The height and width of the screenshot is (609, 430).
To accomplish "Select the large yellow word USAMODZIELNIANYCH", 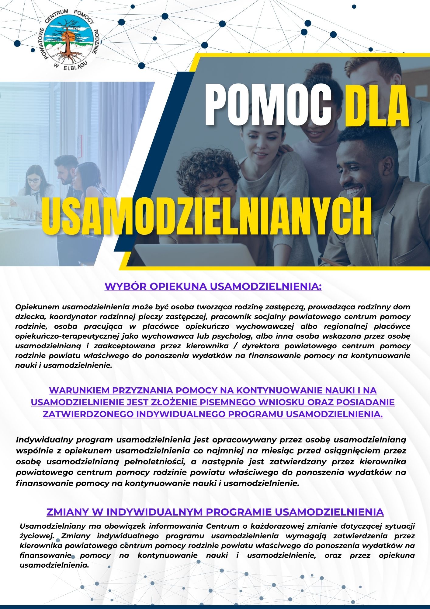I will pos(207,216).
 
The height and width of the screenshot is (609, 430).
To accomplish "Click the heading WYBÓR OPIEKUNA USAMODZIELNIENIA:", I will pos(213,287).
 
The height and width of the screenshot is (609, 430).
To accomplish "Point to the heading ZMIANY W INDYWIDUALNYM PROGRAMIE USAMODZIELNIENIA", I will pos(215,512).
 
